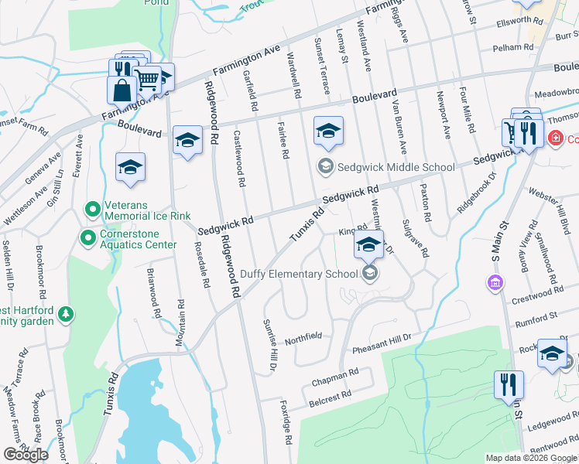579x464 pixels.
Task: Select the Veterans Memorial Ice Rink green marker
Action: tap(92, 210)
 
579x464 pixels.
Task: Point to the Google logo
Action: tap(26, 455)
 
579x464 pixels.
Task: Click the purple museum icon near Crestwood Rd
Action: tap(494, 284)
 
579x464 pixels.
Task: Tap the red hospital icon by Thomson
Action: tap(554, 138)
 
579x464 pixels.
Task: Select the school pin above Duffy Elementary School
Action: tap(369, 246)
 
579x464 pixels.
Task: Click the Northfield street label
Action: tap(303, 338)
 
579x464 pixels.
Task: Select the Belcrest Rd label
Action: tap(331, 394)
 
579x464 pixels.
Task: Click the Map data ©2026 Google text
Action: tap(531, 458)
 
